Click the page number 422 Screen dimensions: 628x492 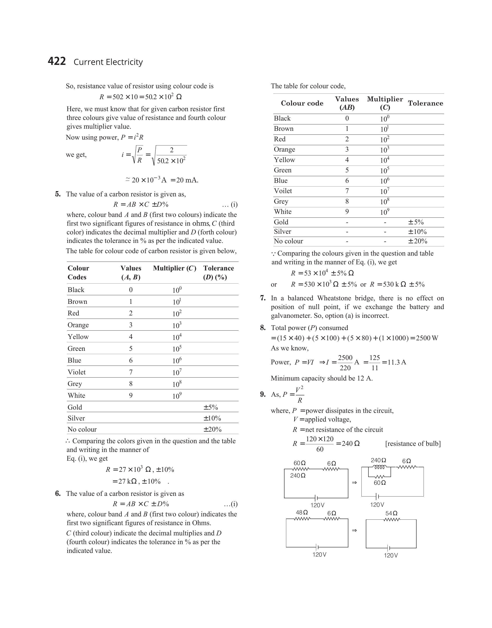57,61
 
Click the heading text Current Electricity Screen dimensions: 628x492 108,62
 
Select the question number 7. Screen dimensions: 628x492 263,298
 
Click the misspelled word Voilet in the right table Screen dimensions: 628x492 283,191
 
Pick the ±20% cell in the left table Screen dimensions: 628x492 212,429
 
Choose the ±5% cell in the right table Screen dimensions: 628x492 416,222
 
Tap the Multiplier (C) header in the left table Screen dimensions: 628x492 174,268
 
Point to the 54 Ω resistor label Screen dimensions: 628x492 391,513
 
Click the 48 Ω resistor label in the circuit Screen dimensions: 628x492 302,512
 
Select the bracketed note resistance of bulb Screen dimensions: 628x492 413,444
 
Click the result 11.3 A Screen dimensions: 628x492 397,362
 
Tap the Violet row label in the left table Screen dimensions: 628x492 77,372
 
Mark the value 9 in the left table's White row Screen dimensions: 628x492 131,396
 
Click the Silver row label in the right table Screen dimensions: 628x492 282,232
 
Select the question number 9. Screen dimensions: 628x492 263,394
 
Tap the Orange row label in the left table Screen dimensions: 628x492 78,325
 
